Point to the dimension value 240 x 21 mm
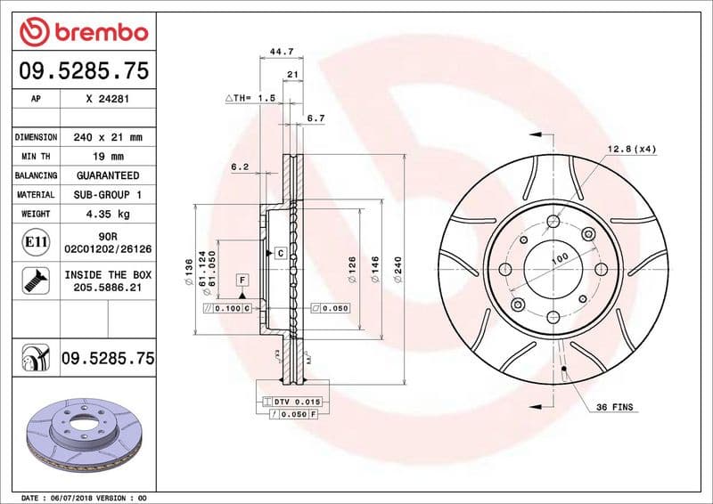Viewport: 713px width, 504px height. pyautogui.click(x=107, y=138)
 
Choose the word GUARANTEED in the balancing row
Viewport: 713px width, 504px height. pyautogui.click(x=107, y=175)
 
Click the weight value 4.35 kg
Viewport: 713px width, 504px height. pyautogui.click(x=107, y=214)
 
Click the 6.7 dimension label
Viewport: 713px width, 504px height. pyautogui.click(x=316, y=118)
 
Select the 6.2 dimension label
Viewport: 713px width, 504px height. pyautogui.click(x=239, y=167)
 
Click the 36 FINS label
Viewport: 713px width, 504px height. pyautogui.click(x=615, y=406)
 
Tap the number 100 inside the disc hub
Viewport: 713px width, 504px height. pyautogui.click(x=559, y=258)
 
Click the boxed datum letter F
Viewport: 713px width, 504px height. pyautogui.click(x=242, y=280)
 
